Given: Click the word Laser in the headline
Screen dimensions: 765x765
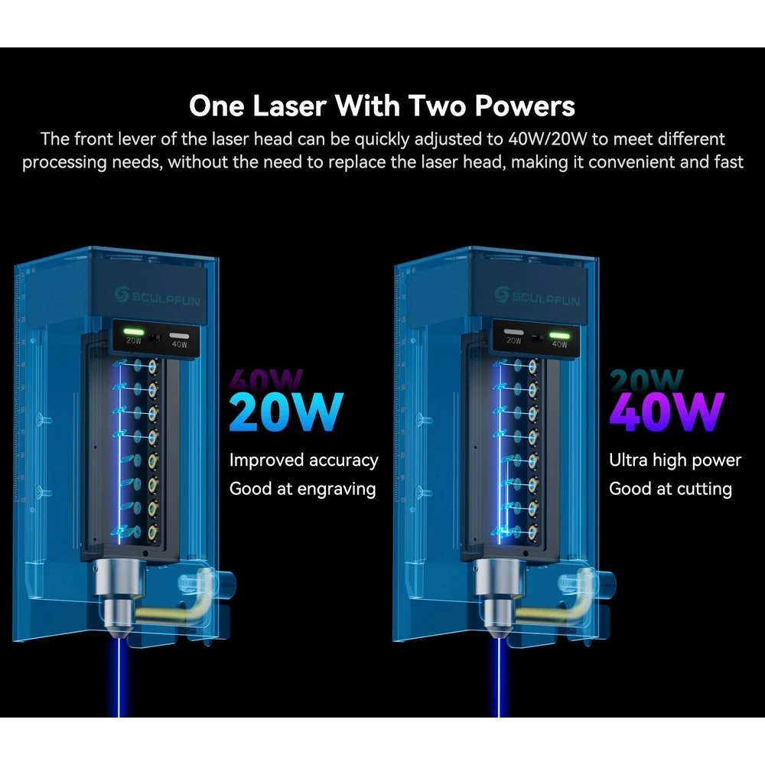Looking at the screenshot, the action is (x=289, y=106).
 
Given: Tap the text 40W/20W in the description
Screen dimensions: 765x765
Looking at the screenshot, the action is (x=547, y=139).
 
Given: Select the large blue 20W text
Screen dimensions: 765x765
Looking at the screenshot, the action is (x=286, y=412).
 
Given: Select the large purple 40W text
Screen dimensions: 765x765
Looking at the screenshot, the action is (x=666, y=412).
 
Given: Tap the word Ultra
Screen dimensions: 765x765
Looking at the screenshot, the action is (x=628, y=460).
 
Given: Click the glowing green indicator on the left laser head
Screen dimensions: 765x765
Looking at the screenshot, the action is (x=133, y=332).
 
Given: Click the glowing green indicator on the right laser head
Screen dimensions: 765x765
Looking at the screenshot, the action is (x=560, y=336).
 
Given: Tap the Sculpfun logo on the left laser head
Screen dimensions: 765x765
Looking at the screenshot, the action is (x=157, y=296).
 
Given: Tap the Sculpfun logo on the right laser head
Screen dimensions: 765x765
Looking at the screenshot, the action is (x=537, y=296).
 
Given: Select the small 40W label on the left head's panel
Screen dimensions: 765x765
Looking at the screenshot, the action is (x=180, y=344).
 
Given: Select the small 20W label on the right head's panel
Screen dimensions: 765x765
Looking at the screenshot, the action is (x=514, y=340).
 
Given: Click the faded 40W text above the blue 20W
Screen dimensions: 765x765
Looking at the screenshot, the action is (x=266, y=379).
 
